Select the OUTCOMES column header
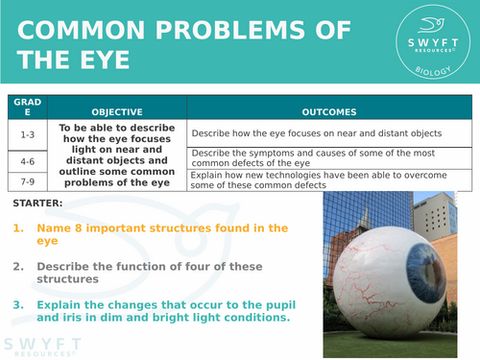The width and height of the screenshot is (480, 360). click(328, 110)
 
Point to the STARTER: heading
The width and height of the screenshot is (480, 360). click(39, 204)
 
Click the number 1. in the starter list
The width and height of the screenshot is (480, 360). click(18, 228)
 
